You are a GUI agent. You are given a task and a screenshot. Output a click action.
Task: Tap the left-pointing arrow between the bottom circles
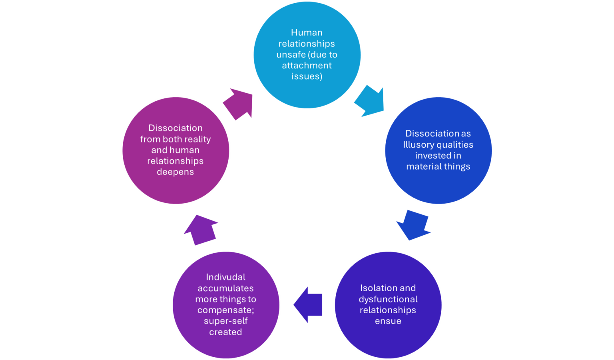[308, 305]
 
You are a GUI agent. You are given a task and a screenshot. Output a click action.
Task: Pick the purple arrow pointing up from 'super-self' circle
[201, 229]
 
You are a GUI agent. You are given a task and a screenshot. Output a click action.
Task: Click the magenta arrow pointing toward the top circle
[239, 103]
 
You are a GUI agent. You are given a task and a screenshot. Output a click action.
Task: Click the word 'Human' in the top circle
[307, 32]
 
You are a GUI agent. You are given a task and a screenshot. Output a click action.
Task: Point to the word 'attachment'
[307, 65]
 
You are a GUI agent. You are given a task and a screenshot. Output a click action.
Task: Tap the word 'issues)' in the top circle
[307, 76]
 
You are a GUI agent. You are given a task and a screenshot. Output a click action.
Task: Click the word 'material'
[422, 166]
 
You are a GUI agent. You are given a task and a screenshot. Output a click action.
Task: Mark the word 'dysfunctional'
[388, 299]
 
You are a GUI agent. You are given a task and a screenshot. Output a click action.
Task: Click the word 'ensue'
[388, 321]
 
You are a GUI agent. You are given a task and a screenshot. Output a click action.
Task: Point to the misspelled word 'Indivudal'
[225, 277]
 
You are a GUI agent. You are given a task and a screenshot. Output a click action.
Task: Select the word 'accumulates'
[225, 288]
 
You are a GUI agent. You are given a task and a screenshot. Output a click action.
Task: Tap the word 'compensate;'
[225, 310]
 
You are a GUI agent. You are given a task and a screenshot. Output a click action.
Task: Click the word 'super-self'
[225, 321]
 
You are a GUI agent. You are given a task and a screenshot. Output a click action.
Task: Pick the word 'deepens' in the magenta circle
[175, 172]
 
